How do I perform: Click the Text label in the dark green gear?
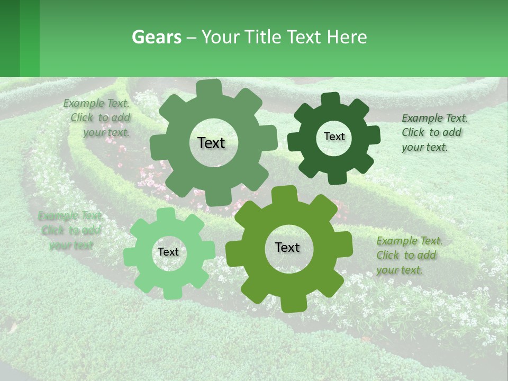click(x=334, y=137)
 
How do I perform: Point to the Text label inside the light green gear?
click(x=168, y=252)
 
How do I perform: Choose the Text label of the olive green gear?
click(x=287, y=247)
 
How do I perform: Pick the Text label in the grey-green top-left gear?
click(x=211, y=143)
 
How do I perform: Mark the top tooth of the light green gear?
click(x=168, y=214)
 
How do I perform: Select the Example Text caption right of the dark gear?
click(x=434, y=132)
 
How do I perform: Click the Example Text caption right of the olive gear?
click(x=409, y=255)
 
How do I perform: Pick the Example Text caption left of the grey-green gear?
click(x=98, y=117)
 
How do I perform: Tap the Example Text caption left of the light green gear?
click(x=71, y=230)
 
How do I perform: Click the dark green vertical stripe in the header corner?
click(x=10, y=38)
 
